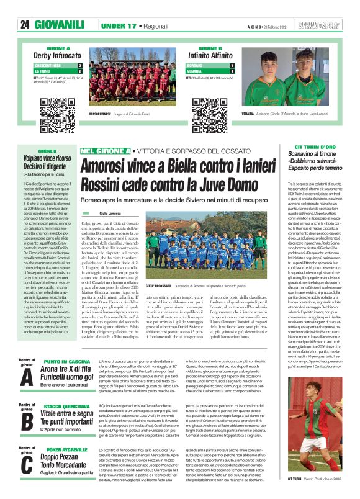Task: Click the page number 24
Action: pyautogui.click(x=25, y=24)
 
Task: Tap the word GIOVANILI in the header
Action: pyautogui.click(x=60, y=24)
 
